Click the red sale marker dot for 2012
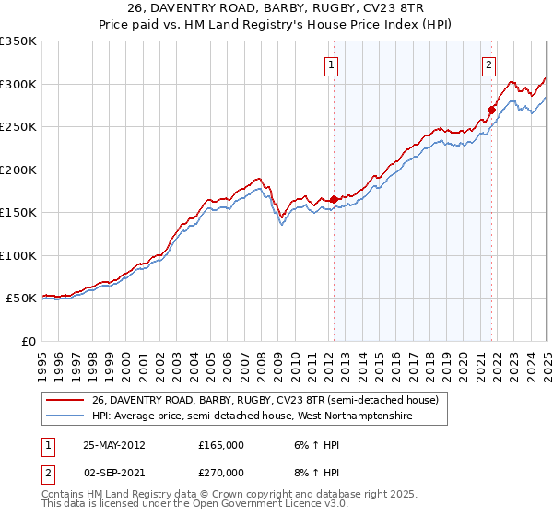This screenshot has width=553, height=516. click(x=333, y=199)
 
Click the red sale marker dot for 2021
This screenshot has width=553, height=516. click(x=491, y=110)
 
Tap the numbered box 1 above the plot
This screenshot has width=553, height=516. click(x=330, y=64)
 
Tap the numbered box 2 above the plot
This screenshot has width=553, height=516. click(x=488, y=64)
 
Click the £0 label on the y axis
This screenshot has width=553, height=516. click(x=28, y=341)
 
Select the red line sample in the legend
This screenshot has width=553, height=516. click(x=65, y=401)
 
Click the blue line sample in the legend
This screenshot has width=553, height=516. click(x=65, y=416)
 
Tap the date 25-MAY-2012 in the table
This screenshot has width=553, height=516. click(x=113, y=445)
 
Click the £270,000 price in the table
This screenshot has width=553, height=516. click(x=221, y=471)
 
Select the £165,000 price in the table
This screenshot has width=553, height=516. click(x=221, y=445)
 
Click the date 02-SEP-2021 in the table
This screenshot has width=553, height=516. click(x=113, y=471)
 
